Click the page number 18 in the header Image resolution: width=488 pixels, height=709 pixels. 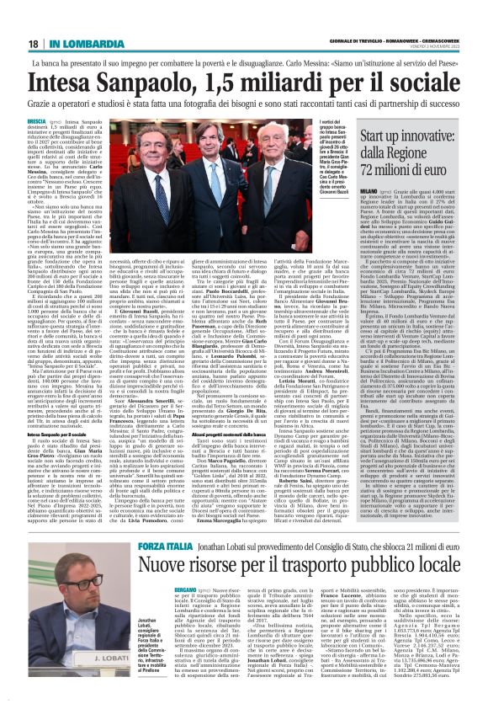pos(32,43)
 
